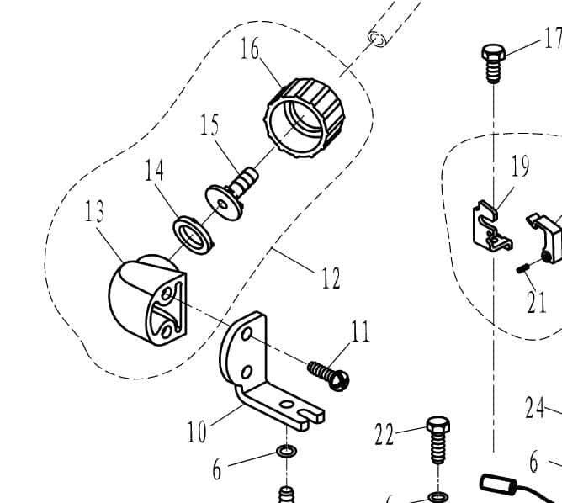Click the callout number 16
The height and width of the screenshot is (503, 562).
point(250,49)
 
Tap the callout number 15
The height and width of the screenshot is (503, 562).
point(209,126)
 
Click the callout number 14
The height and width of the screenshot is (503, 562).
point(153,171)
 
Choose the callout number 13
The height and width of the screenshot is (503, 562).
point(94,211)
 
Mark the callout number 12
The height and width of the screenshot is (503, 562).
point(331,278)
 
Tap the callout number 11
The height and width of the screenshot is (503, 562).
point(360,332)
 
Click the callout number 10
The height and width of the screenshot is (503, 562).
point(196,432)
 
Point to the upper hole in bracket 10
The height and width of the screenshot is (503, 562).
point(247,335)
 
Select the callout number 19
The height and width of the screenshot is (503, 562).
point(520,166)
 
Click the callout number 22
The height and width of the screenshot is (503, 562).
point(384,435)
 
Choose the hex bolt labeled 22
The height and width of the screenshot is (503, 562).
point(437,438)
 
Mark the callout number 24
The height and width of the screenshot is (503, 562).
point(534,409)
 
